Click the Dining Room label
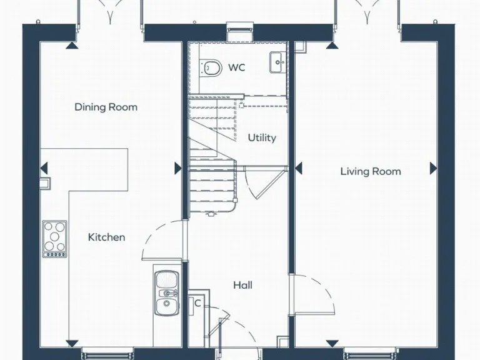106,107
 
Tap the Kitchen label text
106,237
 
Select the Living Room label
371,171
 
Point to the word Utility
262,137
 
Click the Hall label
242,285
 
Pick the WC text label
236,67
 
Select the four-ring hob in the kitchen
54,237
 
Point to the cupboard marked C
198,303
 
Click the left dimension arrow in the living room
298,168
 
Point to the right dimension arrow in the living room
433,168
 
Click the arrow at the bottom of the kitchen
73,342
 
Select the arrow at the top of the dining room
73,45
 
